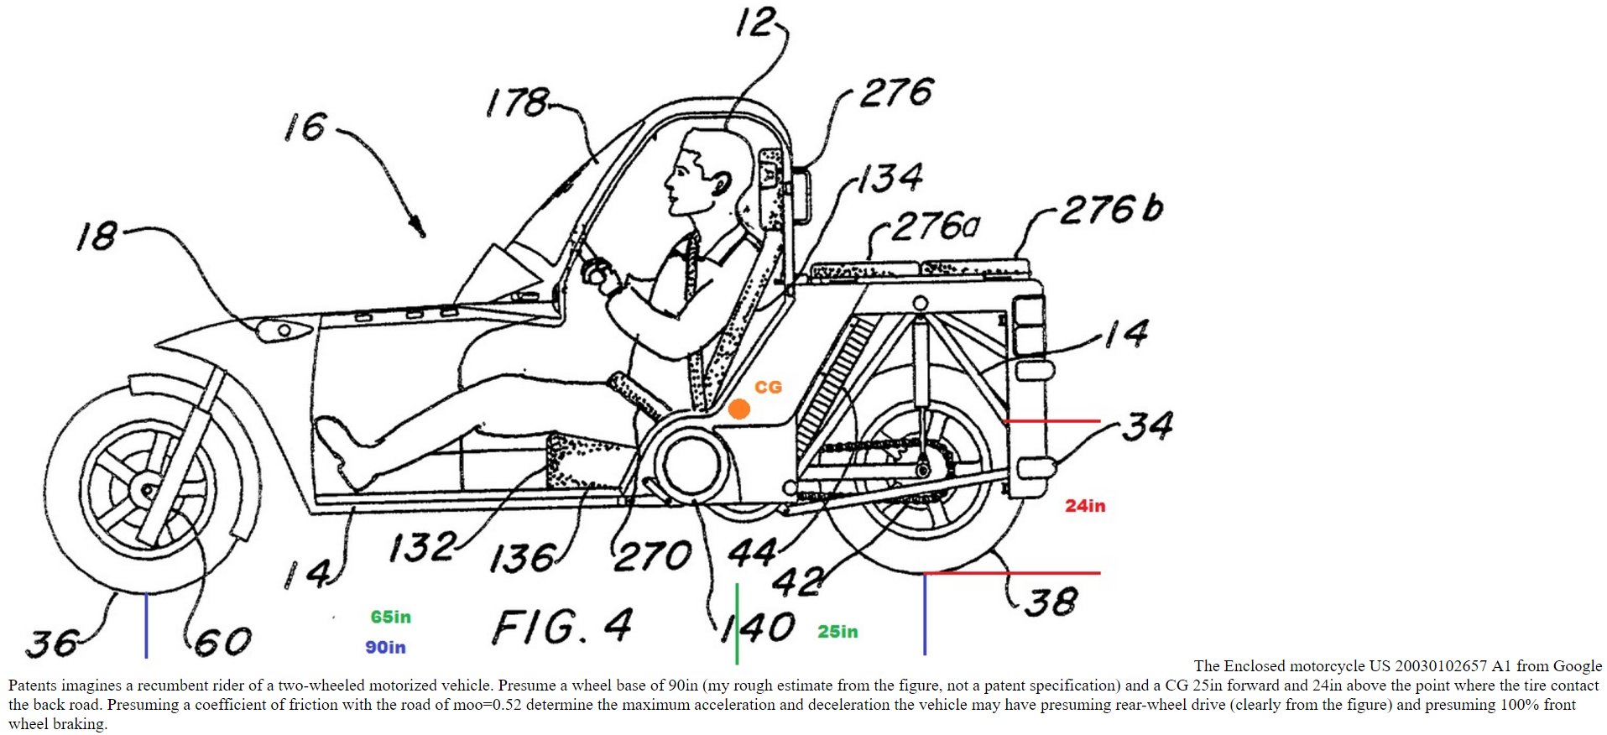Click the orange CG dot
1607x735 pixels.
(x=738, y=409)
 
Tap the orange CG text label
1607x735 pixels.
(x=768, y=387)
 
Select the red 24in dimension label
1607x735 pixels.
(x=1085, y=505)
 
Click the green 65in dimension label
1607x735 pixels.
(x=391, y=617)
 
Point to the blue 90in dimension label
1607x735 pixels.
(x=385, y=647)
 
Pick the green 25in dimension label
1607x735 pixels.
(x=837, y=631)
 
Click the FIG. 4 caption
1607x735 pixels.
(x=561, y=627)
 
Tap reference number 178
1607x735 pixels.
(x=517, y=102)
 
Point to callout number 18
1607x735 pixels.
(x=97, y=237)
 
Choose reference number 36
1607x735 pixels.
(x=52, y=644)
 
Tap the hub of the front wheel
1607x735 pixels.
(x=148, y=490)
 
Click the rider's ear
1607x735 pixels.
(x=720, y=183)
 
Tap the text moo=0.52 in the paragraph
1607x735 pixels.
(x=482, y=705)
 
